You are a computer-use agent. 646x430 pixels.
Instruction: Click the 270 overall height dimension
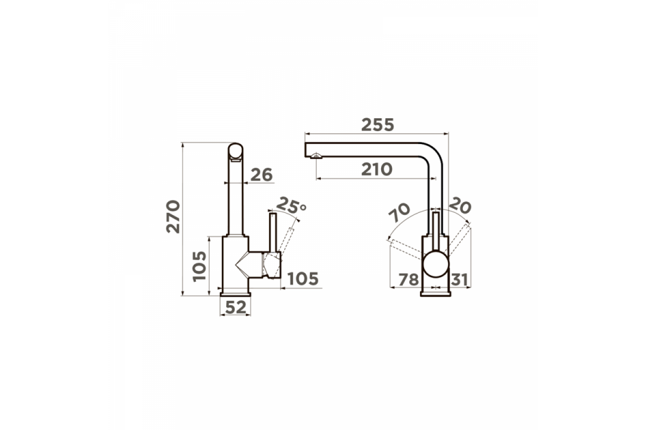(173, 217)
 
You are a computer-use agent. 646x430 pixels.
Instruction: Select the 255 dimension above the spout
(377, 125)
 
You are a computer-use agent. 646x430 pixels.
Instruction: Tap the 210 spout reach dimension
(377, 169)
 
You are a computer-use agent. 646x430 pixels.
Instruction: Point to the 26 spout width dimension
(262, 175)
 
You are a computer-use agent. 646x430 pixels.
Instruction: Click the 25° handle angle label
(291, 205)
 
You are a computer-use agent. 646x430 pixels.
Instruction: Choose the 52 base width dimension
(236, 307)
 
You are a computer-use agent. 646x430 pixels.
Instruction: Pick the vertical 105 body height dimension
(200, 267)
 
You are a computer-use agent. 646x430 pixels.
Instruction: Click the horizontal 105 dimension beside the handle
(303, 278)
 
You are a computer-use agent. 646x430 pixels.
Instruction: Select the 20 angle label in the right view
(460, 206)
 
